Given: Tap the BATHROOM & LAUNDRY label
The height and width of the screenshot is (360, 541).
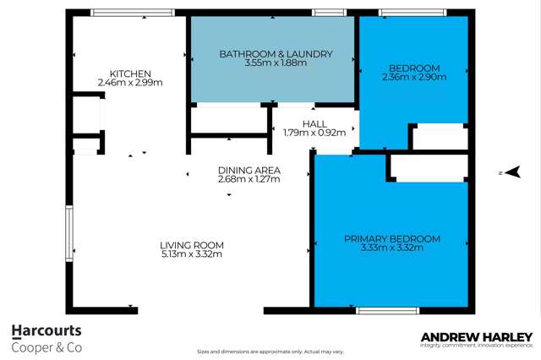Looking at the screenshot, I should [x=276, y=53].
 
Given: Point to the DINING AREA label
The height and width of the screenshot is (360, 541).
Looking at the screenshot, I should [x=249, y=169].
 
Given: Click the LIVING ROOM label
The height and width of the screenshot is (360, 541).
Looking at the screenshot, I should [x=192, y=245].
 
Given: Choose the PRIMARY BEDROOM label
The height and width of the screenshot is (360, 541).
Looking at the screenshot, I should [x=391, y=239].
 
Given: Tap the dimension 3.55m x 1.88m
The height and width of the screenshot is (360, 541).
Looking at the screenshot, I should [x=276, y=63].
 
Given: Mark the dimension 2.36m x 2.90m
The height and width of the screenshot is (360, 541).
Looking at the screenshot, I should [x=414, y=77].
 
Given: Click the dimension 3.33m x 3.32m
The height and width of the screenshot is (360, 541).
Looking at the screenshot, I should [x=391, y=248].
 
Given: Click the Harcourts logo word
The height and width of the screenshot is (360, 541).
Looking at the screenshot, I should [x=47, y=332].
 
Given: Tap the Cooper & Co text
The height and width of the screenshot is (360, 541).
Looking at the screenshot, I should [x=47, y=347].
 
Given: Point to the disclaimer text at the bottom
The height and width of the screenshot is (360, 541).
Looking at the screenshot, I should [x=270, y=352].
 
